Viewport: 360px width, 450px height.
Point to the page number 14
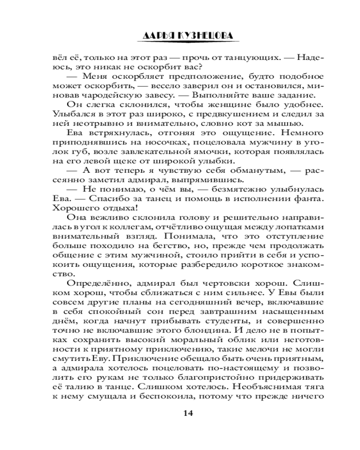point(189,414)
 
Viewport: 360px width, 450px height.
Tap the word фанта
point(311,199)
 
